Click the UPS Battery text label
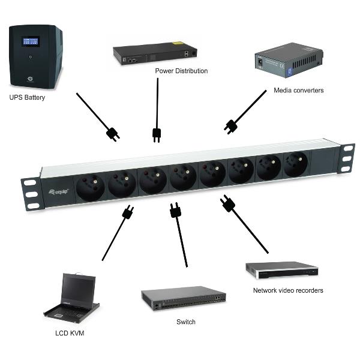27,98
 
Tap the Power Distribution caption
181,71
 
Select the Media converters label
298,91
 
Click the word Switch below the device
185,322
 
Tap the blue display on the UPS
30,41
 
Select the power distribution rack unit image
157,53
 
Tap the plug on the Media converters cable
230,125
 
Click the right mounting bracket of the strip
347,157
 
